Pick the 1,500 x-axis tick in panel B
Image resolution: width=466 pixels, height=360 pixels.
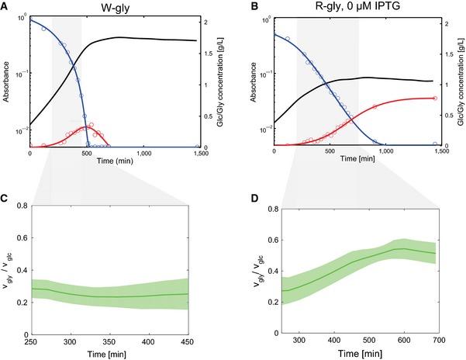point(439,153)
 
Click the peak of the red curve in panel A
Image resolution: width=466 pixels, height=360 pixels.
point(88,126)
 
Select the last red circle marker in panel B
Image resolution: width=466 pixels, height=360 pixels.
point(435,98)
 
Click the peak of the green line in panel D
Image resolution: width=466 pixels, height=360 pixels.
point(420,248)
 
